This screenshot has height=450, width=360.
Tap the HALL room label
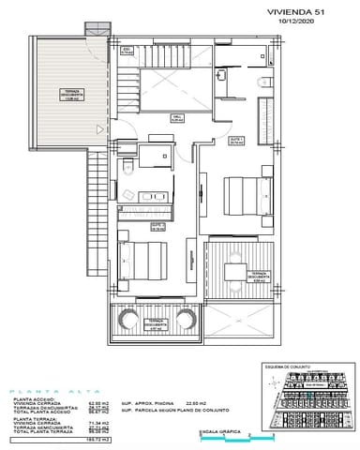coord(176,118)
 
